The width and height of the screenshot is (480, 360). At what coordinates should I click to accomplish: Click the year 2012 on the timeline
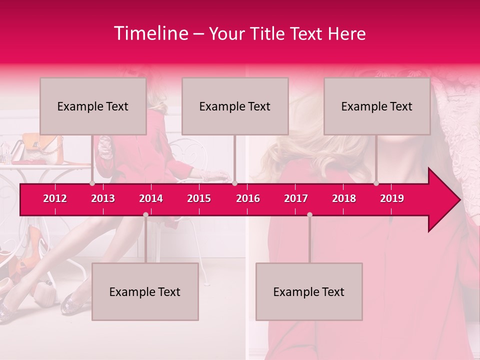coord(55,198)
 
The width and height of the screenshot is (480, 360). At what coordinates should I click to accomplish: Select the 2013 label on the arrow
coord(103,198)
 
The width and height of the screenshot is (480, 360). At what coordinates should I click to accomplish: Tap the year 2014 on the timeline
coord(151,198)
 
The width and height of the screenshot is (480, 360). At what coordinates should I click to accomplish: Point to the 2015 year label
coord(199,198)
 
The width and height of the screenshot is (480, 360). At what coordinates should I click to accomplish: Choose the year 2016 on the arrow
coord(248,198)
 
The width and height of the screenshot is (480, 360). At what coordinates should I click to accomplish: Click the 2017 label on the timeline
coord(296,198)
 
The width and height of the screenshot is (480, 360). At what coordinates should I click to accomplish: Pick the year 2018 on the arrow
coord(344,198)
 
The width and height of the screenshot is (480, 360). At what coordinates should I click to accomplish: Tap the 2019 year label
coord(392,198)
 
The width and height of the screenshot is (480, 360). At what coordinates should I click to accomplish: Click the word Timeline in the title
coord(150,33)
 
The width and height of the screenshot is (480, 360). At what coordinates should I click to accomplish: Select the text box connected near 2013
coord(93,106)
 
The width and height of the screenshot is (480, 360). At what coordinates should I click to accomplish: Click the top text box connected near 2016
coord(235,106)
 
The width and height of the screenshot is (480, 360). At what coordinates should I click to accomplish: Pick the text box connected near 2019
coord(377,106)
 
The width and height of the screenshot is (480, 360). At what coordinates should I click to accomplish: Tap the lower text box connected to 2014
coord(145,291)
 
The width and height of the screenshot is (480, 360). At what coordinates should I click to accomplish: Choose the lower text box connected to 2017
coord(309,291)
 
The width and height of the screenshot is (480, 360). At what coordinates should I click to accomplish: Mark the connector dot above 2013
coord(92,183)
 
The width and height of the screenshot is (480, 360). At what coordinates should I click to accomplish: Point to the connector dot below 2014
coord(145,215)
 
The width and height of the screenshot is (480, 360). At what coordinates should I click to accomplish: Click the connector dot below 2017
coord(309,215)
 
